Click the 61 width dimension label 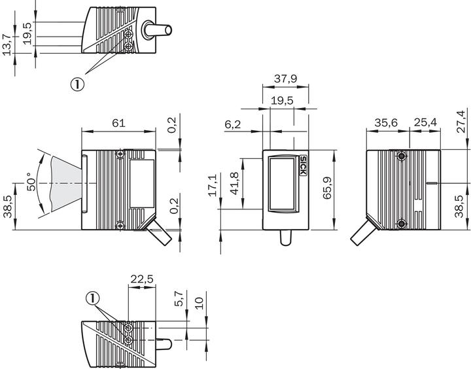coord(118,122)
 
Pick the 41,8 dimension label coord(233,184)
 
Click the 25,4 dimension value coord(425,122)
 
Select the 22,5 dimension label coord(141,279)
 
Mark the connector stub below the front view coord(285,238)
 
